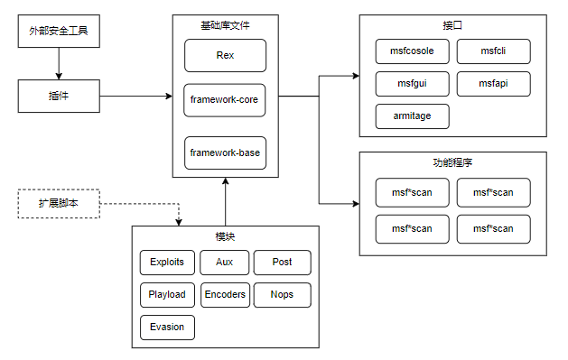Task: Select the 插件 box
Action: point(59,96)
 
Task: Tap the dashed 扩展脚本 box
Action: point(59,204)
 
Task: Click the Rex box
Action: point(225,56)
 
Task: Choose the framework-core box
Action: point(225,100)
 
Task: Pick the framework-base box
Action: point(225,152)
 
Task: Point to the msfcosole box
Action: point(412,51)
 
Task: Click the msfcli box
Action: point(493,51)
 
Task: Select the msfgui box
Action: point(412,84)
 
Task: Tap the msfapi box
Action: point(493,84)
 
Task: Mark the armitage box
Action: point(412,116)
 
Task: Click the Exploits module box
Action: point(167,263)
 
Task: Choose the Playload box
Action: point(167,294)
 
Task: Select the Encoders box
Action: point(225,294)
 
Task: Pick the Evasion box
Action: point(167,327)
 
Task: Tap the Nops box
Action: point(282,294)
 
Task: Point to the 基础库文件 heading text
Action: point(225,26)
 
